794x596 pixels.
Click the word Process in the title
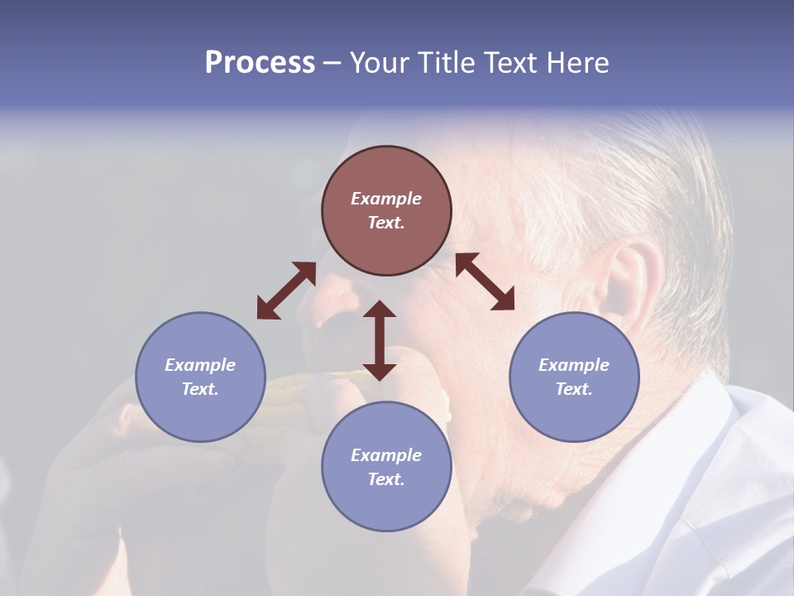(260, 63)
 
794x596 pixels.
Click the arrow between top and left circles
(286, 291)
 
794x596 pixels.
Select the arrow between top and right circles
(485, 281)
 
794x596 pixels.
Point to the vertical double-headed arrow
(380, 340)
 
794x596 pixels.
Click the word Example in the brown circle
(386, 199)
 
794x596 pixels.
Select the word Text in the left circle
(199, 389)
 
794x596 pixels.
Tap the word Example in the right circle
(574, 365)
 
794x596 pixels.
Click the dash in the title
(332, 63)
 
